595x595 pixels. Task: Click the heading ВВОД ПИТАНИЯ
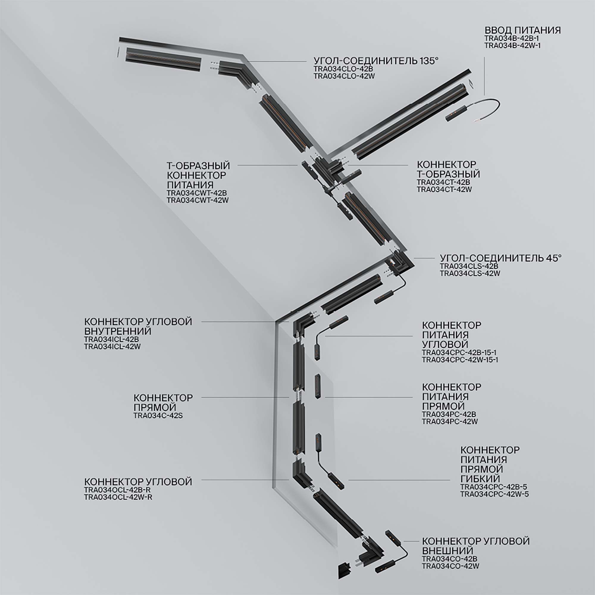pyautogui.click(x=522, y=30)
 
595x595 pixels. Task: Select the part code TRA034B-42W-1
pyautogui.click(x=513, y=46)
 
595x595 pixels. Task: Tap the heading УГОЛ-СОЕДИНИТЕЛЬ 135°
pyautogui.click(x=376, y=61)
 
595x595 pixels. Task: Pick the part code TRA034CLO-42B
pyautogui.click(x=343, y=69)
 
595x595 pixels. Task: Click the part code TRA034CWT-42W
pyautogui.click(x=198, y=200)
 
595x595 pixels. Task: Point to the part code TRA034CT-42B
pyautogui.click(x=444, y=182)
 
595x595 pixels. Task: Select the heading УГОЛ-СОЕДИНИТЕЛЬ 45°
pyautogui.click(x=500, y=258)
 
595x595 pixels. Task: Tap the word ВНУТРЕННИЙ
pyautogui.click(x=118, y=331)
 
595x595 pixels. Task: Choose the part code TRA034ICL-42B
pyautogui.click(x=112, y=339)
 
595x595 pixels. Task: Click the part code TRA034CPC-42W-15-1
pyautogui.click(x=460, y=360)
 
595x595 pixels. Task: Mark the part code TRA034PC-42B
pyautogui.click(x=449, y=414)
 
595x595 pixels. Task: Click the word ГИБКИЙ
pyautogui.click(x=480, y=479)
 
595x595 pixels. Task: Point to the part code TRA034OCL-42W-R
pyautogui.click(x=118, y=497)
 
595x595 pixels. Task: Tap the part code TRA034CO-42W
pyautogui.click(x=450, y=566)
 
